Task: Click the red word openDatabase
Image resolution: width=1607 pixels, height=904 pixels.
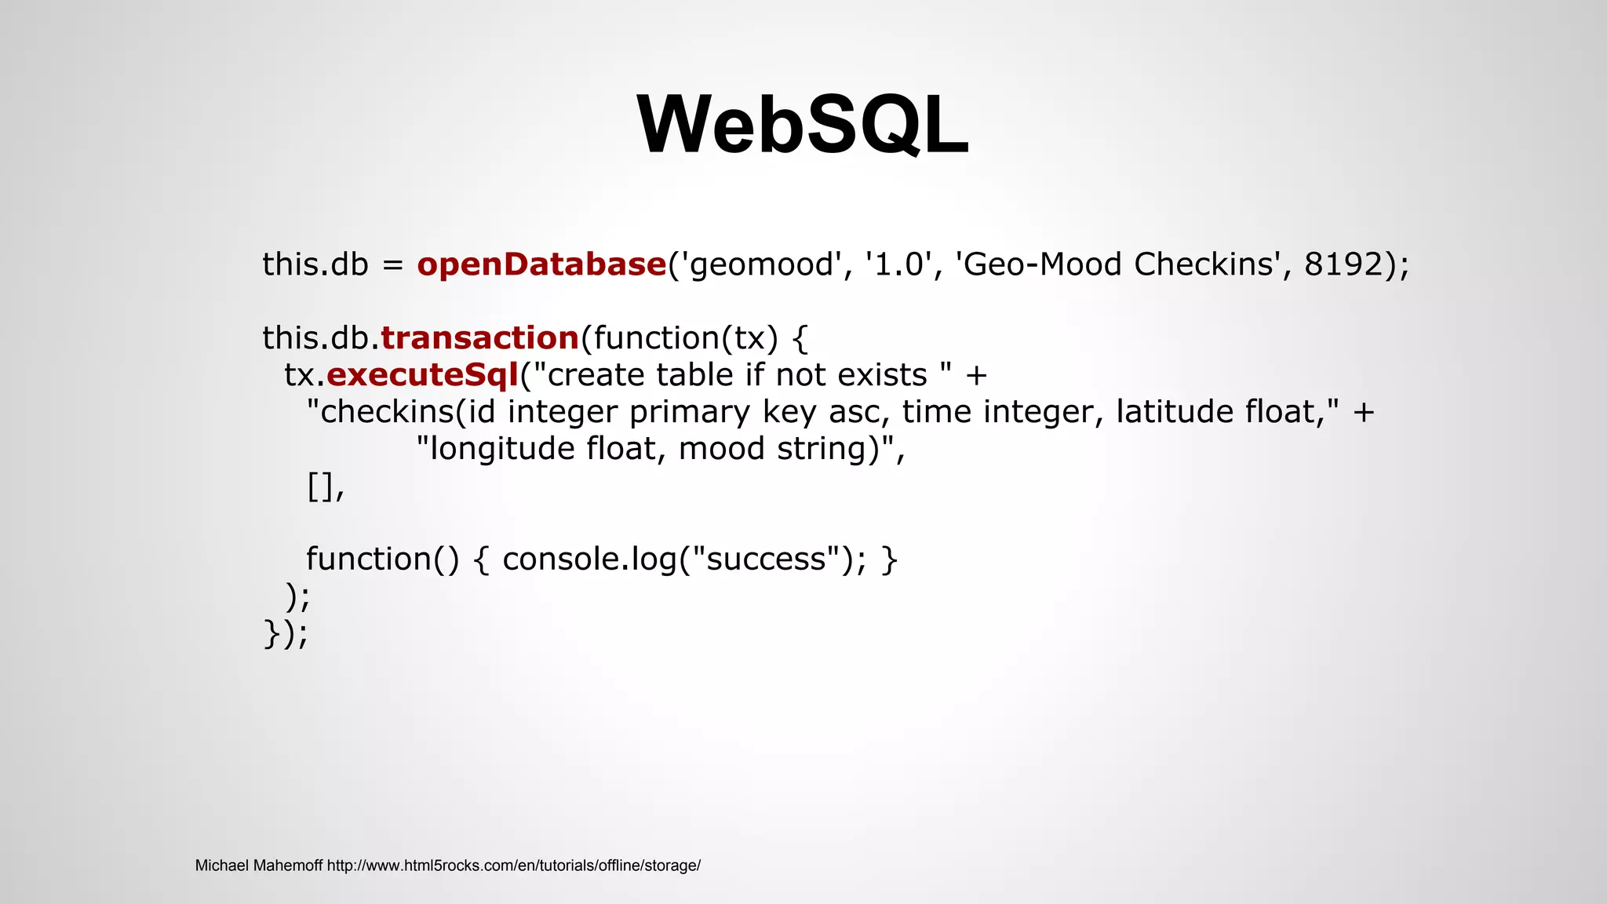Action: point(541,264)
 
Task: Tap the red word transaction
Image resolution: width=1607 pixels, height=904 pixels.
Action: point(479,338)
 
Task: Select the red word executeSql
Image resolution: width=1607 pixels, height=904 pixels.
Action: point(422,375)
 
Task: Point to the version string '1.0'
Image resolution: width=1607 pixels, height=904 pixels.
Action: point(898,264)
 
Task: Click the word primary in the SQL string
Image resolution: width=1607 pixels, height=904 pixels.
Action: point(690,413)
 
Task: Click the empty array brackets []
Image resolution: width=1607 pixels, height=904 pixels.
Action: point(321,487)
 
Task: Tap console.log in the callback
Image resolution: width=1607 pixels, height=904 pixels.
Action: point(589,560)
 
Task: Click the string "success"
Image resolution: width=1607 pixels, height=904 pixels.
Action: point(767,560)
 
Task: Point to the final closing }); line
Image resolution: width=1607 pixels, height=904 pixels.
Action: point(286,633)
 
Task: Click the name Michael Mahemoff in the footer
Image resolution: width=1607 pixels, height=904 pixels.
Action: point(258,866)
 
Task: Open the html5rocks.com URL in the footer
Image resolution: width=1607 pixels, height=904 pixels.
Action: point(513,866)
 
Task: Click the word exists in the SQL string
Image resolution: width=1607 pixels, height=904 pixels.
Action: point(882,375)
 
